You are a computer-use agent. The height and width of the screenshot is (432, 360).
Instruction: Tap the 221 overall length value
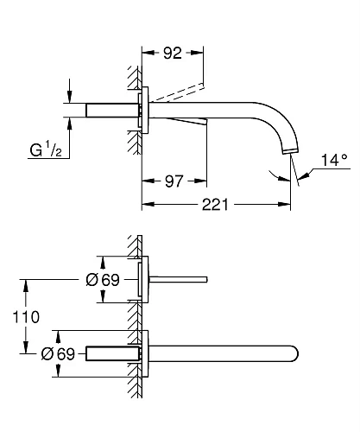click(x=218, y=205)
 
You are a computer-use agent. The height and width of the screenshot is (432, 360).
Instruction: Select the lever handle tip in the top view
click(x=205, y=279)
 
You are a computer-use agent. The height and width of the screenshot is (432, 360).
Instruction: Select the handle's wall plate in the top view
click(x=146, y=279)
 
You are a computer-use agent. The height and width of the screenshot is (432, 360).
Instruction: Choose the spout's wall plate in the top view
click(x=146, y=353)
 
